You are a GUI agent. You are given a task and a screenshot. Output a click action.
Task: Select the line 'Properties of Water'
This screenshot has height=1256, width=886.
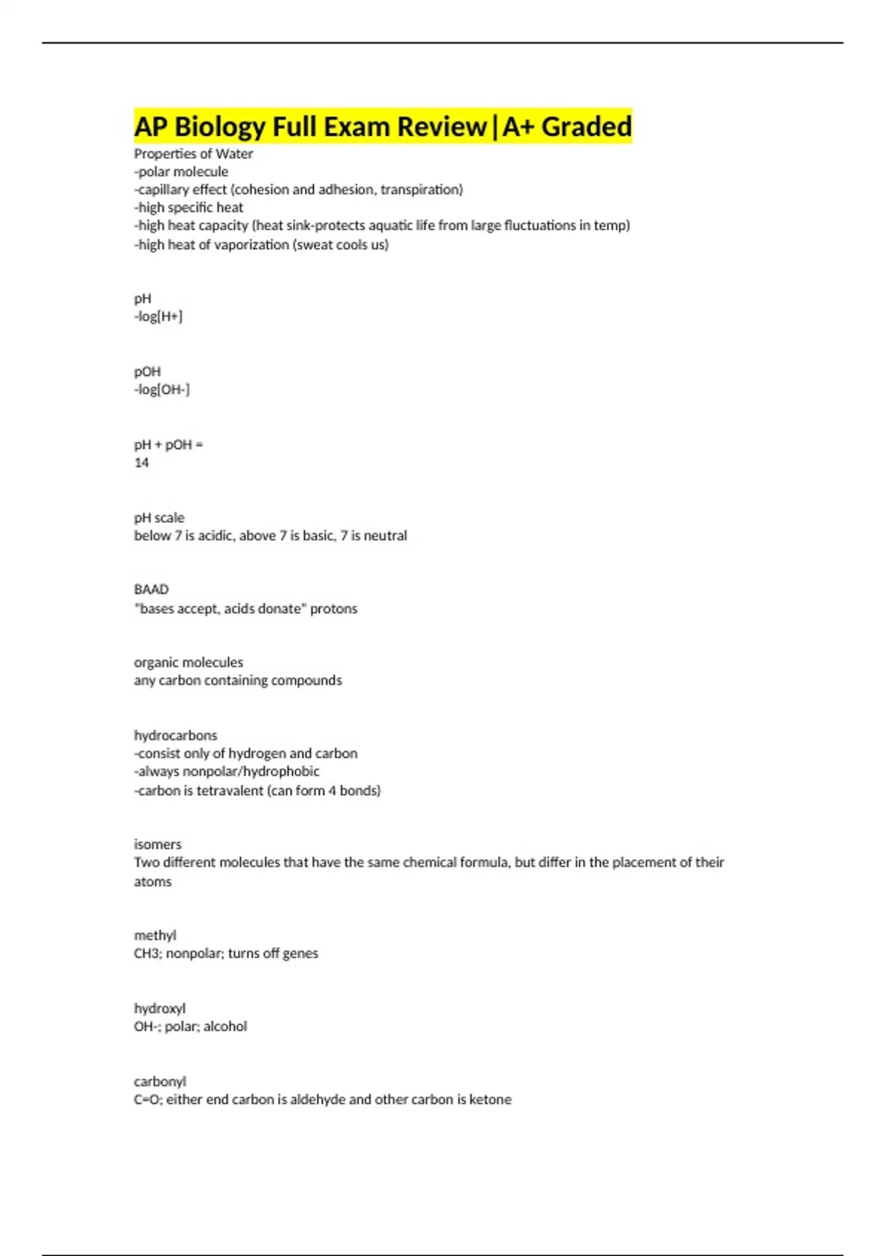193,154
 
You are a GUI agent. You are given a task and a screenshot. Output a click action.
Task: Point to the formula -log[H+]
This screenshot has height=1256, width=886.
158,317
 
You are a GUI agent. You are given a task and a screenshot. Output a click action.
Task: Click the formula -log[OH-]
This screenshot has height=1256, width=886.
162,389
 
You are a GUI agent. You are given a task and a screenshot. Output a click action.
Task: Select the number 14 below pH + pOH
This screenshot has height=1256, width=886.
141,463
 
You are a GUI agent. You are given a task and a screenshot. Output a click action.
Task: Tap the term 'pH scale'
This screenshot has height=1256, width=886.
159,518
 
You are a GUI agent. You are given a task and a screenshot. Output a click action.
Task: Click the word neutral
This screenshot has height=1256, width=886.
385,536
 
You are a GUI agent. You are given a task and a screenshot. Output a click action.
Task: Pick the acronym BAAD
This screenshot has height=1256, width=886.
151,590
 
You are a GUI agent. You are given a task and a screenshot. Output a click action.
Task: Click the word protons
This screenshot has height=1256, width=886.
334,609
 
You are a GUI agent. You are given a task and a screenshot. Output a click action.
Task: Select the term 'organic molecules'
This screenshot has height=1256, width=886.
188,663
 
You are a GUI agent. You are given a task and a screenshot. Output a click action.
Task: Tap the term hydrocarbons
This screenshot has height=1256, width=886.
176,736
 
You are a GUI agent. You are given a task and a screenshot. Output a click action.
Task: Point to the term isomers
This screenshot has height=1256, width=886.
157,844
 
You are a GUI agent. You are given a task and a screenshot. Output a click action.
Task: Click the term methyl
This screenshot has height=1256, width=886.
155,935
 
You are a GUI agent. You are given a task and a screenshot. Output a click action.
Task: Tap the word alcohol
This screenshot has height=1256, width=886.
225,1026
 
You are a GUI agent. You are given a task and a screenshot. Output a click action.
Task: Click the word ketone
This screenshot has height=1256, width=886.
490,1099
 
